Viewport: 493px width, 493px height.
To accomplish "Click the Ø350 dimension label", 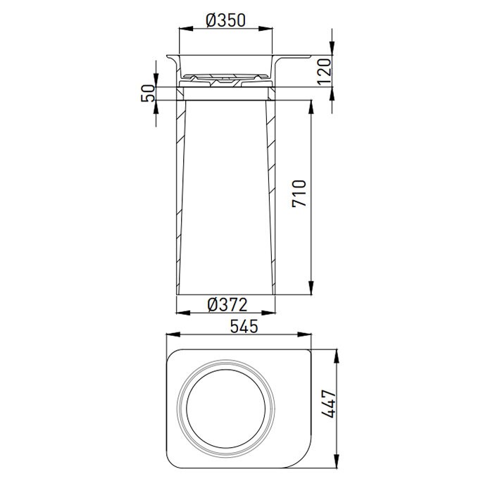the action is pyautogui.click(x=225, y=20).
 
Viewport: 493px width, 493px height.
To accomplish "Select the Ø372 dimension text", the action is pyautogui.click(x=227, y=305).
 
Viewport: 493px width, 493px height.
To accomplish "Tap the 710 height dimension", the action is pyautogui.click(x=299, y=194).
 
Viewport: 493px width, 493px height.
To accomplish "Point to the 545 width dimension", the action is pyautogui.click(x=244, y=326).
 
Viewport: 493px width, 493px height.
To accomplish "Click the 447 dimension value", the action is pyautogui.click(x=330, y=404).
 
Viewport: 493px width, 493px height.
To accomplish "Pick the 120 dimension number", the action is pyautogui.click(x=325, y=72).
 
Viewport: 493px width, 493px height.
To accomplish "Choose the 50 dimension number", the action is pyautogui.click(x=148, y=93).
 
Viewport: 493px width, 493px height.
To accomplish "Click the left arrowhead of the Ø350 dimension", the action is pyautogui.click(x=186, y=29).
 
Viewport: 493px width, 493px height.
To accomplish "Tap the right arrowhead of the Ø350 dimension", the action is pyautogui.click(x=266, y=29).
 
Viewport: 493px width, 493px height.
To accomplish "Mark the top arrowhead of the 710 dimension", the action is pyautogui.click(x=311, y=107).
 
